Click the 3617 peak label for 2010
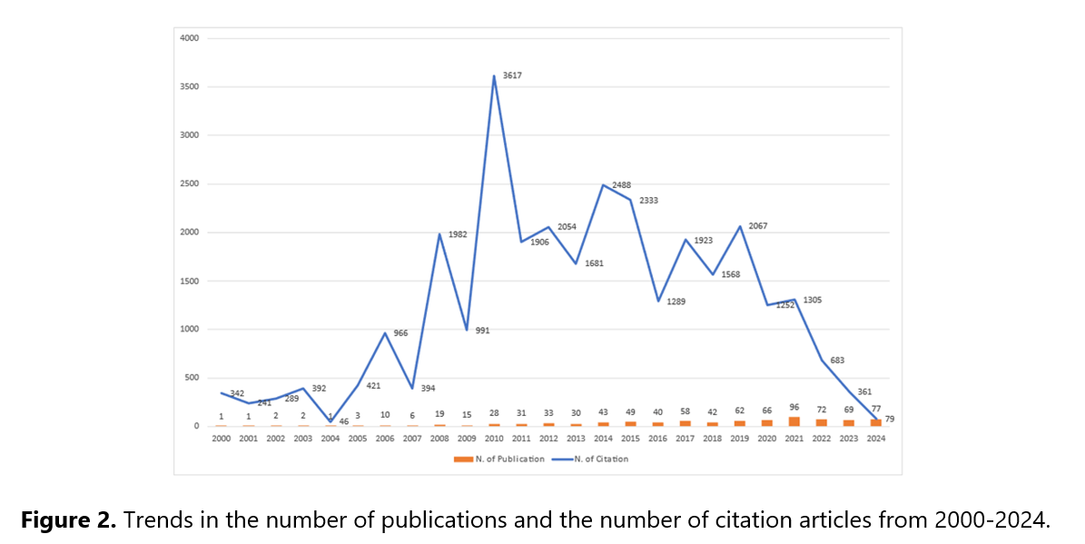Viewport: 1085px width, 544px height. pyautogui.click(x=513, y=75)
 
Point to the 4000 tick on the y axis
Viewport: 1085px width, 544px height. pyautogui.click(x=190, y=38)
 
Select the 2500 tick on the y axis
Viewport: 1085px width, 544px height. pyautogui.click(x=190, y=183)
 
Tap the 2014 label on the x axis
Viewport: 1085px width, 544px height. pyautogui.click(x=603, y=438)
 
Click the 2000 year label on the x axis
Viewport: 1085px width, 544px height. pyautogui.click(x=221, y=438)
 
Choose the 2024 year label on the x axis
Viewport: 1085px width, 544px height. pyautogui.click(x=876, y=438)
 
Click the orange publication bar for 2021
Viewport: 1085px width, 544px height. pyautogui.click(x=794, y=421)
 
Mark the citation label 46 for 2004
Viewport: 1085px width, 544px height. pyautogui.click(x=344, y=422)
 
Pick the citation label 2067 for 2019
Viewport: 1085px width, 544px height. pyautogui.click(x=757, y=225)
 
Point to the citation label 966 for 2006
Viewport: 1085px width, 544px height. pyautogui.click(x=400, y=333)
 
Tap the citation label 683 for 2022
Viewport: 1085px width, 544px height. pyautogui.click(x=838, y=361)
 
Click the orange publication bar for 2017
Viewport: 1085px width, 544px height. pyautogui.click(x=685, y=423)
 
